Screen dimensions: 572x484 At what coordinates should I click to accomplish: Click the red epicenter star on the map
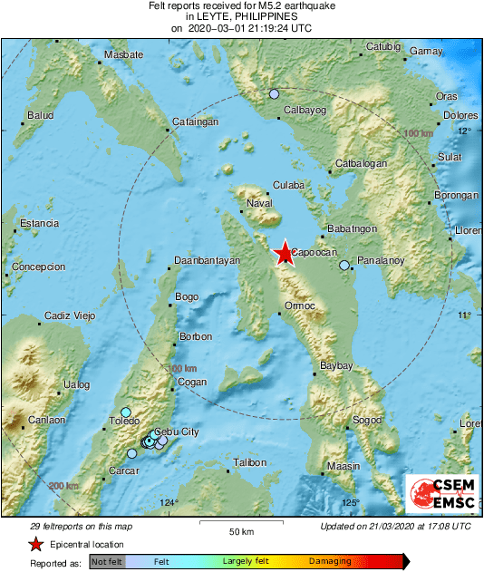point(285,253)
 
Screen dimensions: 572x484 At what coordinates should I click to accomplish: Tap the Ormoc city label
point(299,305)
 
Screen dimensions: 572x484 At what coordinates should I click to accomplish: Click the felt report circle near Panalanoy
point(344,266)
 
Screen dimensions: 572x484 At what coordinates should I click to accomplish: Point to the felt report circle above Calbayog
point(274,94)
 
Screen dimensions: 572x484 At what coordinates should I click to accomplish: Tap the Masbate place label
point(124,55)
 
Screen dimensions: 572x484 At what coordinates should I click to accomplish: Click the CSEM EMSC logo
point(440,494)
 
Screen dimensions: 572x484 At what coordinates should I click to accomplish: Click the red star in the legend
point(35,544)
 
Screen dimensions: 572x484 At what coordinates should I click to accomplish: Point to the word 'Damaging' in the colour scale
point(330,562)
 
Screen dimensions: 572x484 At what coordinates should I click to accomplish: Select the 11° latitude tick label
point(464,315)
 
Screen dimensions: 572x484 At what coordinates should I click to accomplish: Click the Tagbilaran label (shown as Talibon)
point(249,462)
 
